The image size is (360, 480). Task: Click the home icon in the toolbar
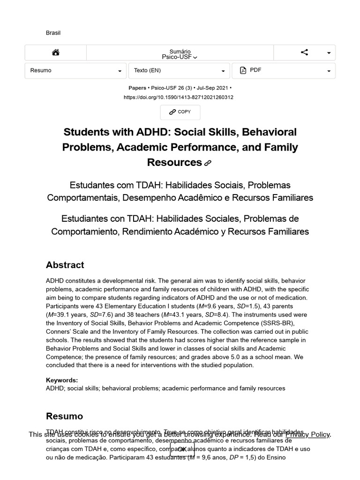(56, 52)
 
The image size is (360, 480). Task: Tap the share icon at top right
(304, 52)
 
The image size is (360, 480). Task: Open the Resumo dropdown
(75, 71)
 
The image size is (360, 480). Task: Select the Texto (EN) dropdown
(179, 71)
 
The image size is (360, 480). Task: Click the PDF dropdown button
(284, 71)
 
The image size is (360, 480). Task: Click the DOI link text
(179, 97)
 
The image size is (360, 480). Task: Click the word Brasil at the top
(53, 33)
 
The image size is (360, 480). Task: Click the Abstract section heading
(65, 265)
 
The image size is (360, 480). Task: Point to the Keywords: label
(62, 380)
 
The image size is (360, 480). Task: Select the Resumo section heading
(64, 416)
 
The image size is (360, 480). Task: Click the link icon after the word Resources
(208, 163)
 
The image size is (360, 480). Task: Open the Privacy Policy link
(307, 435)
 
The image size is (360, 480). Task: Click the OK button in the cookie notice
(182, 449)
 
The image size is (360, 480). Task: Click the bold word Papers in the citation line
(137, 88)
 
